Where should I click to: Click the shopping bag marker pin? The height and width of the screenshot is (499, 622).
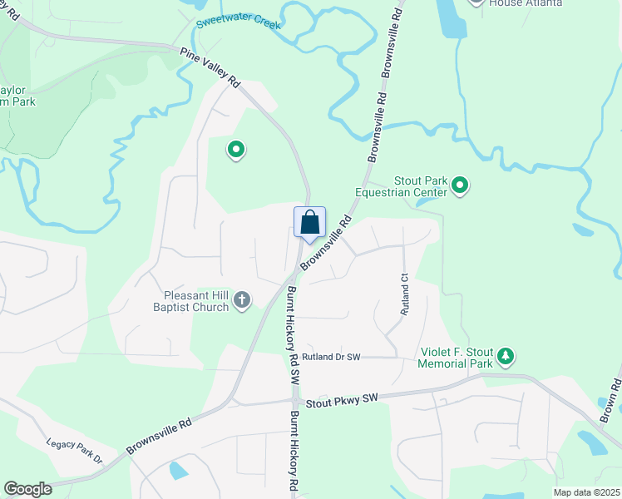(x=309, y=223)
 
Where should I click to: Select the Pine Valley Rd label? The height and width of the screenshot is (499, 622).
(x=210, y=67)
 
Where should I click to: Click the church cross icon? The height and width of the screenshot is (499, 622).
(x=242, y=300)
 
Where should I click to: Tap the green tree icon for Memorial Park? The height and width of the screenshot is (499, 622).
(x=505, y=358)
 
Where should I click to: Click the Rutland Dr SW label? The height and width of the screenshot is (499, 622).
(x=331, y=357)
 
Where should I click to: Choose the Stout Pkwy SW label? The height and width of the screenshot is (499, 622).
(x=342, y=400)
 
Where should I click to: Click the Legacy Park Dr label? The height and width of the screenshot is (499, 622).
(x=74, y=451)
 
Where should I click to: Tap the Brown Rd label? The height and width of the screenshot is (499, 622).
(x=610, y=399)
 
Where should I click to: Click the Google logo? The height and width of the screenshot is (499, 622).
(x=27, y=489)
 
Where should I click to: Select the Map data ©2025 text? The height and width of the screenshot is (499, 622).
(x=585, y=492)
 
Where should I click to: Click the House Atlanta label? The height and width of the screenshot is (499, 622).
(x=525, y=3)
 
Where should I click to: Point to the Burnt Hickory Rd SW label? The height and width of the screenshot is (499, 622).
(x=293, y=333)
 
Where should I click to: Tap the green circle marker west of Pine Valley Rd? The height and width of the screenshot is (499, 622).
(x=236, y=151)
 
